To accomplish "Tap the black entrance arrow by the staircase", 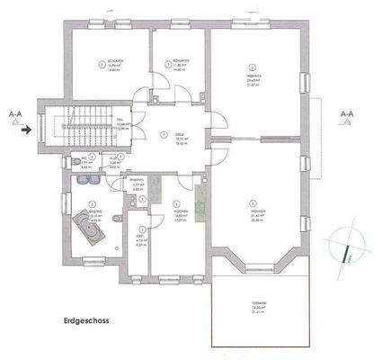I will [29, 129].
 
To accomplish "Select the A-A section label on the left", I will [15, 114].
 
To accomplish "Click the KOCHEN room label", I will [178, 215].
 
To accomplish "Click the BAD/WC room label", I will [93, 216].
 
